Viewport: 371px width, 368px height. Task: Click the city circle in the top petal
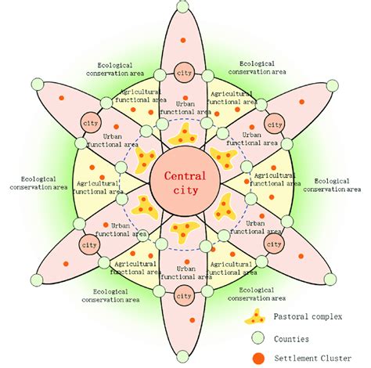coord(184,72)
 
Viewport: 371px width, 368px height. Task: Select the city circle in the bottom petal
coord(184,295)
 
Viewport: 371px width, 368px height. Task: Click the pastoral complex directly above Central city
coord(184,132)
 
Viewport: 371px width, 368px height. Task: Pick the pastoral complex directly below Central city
coord(184,233)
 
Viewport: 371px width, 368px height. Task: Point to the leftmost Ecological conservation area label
coord(38,183)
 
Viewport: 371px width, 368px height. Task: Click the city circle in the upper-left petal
coord(88,124)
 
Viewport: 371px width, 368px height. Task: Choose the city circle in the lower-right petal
coord(275,244)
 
